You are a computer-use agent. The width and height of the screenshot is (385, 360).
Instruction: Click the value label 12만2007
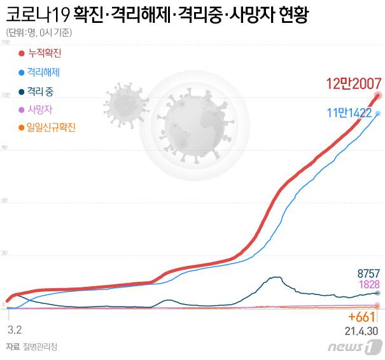(x=353, y=83)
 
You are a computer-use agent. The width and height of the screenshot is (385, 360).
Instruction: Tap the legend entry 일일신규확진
(x=48, y=128)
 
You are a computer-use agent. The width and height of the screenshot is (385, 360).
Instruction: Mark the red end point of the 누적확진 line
(x=378, y=95)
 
